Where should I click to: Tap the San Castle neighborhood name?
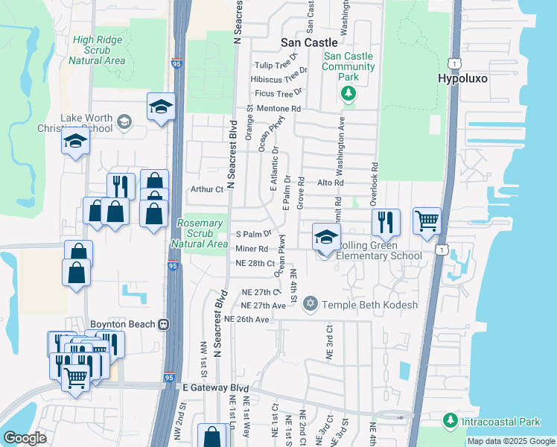[310, 43]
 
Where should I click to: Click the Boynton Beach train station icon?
[162, 324]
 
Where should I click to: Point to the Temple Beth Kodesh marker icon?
[310, 304]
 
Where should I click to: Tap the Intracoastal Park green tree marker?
[450, 422]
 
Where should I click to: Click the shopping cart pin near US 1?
[427, 220]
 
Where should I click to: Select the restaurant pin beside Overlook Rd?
[386, 221]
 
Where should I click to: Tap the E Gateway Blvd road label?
[215, 387]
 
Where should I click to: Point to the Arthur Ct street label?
[209, 189]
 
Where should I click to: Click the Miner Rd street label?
[252, 248]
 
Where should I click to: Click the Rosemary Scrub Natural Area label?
[200, 233]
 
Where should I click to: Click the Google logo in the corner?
[25, 437]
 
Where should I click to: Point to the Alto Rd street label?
[331, 183]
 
